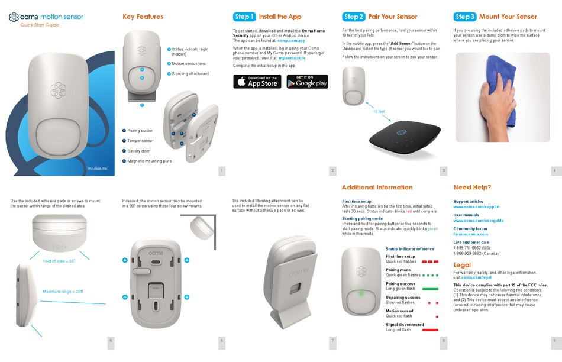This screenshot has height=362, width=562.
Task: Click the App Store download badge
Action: pyautogui.click(x=257, y=82)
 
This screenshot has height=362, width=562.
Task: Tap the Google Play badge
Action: pyautogui.click(x=307, y=82)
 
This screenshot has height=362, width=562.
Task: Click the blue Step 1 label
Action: pyautogui.click(x=244, y=17)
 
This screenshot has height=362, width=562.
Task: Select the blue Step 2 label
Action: pyautogui.click(x=353, y=17)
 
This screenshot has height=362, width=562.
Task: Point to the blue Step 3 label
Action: pyautogui.click(x=464, y=17)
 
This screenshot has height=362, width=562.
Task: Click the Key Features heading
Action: pyautogui.click(x=143, y=17)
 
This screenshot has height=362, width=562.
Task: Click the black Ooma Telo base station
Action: pyautogui.click(x=405, y=137)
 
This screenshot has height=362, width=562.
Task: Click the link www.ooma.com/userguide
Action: pyautogui.click(x=478, y=221)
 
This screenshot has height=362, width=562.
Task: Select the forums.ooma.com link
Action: pyautogui.click(x=470, y=234)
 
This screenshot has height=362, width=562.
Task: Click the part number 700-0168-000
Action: pyautogui.click(x=97, y=169)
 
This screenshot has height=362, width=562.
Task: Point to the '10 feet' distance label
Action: pyautogui.click(x=379, y=112)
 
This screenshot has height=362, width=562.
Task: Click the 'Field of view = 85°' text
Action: pyautogui.click(x=59, y=261)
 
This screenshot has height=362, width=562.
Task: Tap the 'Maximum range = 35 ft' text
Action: pyautogui.click(x=63, y=292)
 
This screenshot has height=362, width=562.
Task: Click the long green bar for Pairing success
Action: pyautogui.click(x=426, y=289)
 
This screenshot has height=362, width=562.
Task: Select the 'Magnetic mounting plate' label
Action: pyautogui.click(x=149, y=161)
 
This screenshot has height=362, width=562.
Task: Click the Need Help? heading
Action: pyautogui.click(x=472, y=188)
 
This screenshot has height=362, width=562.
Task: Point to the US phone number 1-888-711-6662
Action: pyautogui.click(x=471, y=248)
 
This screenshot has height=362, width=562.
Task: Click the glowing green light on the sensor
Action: pyautogui.click(x=360, y=293)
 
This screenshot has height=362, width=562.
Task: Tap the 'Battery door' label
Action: pyautogui.click(x=138, y=151)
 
